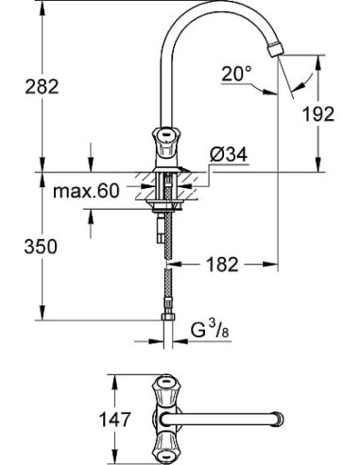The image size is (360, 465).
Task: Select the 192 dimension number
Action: tap(321, 114)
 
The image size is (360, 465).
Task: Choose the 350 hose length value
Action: tap(41, 247)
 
